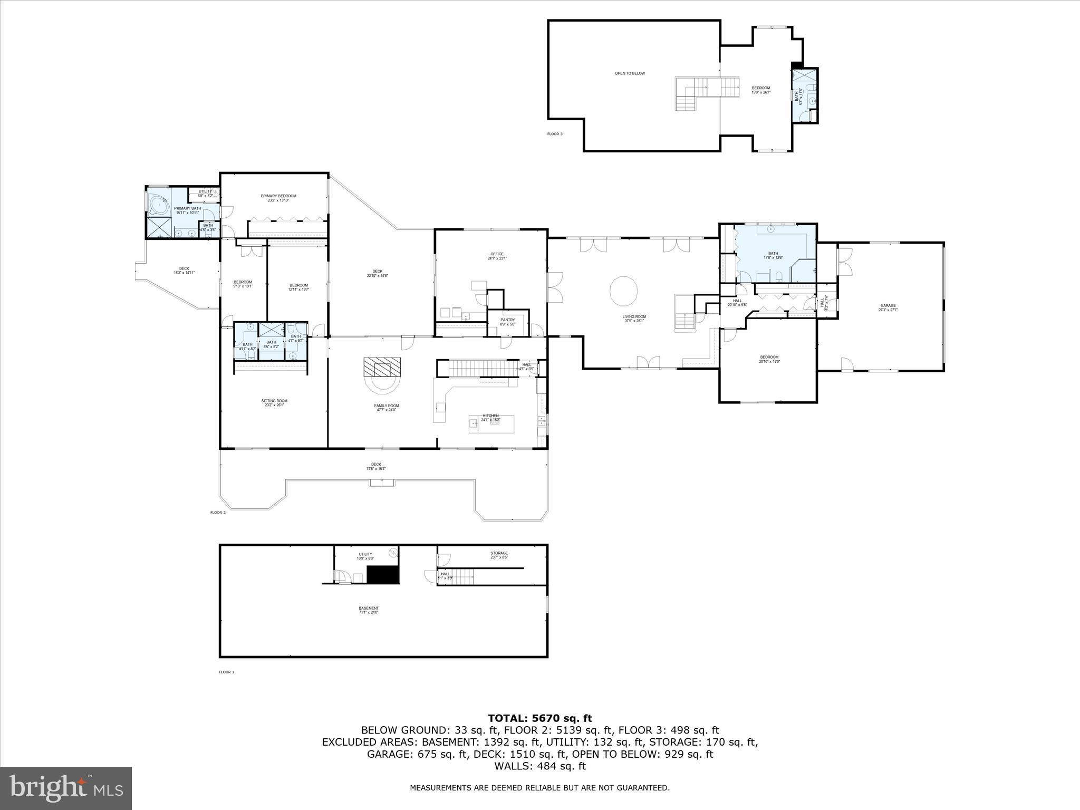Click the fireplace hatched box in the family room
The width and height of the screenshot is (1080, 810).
point(382,366)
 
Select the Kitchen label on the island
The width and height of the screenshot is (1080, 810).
point(490,416)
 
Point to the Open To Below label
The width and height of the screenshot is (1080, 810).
point(630,73)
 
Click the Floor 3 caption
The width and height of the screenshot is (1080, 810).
point(555,134)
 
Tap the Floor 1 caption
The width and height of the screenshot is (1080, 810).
point(226,672)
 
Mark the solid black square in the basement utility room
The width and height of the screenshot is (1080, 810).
point(383,574)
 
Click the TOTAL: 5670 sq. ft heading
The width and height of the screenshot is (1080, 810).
point(539,718)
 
